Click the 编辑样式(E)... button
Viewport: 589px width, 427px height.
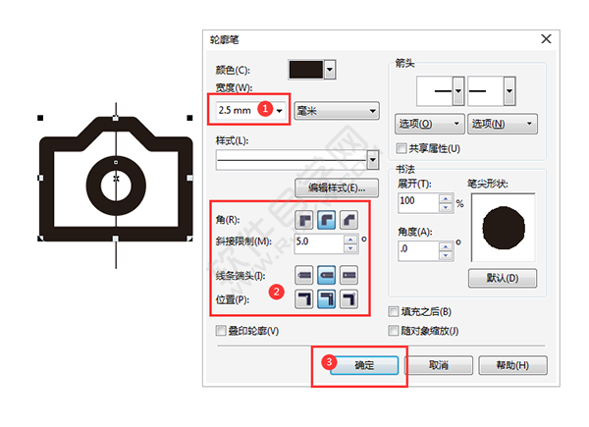click(335, 187)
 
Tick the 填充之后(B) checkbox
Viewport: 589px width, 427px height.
click(394, 312)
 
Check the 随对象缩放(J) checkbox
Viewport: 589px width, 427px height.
click(394, 330)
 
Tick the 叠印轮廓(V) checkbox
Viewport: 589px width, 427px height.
click(221, 331)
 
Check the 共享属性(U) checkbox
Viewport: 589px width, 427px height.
click(401, 148)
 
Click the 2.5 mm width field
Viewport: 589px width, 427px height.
click(237, 111)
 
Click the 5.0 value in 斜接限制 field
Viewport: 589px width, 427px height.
click(314, 240)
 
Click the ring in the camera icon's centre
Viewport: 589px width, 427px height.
click(117, 179)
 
